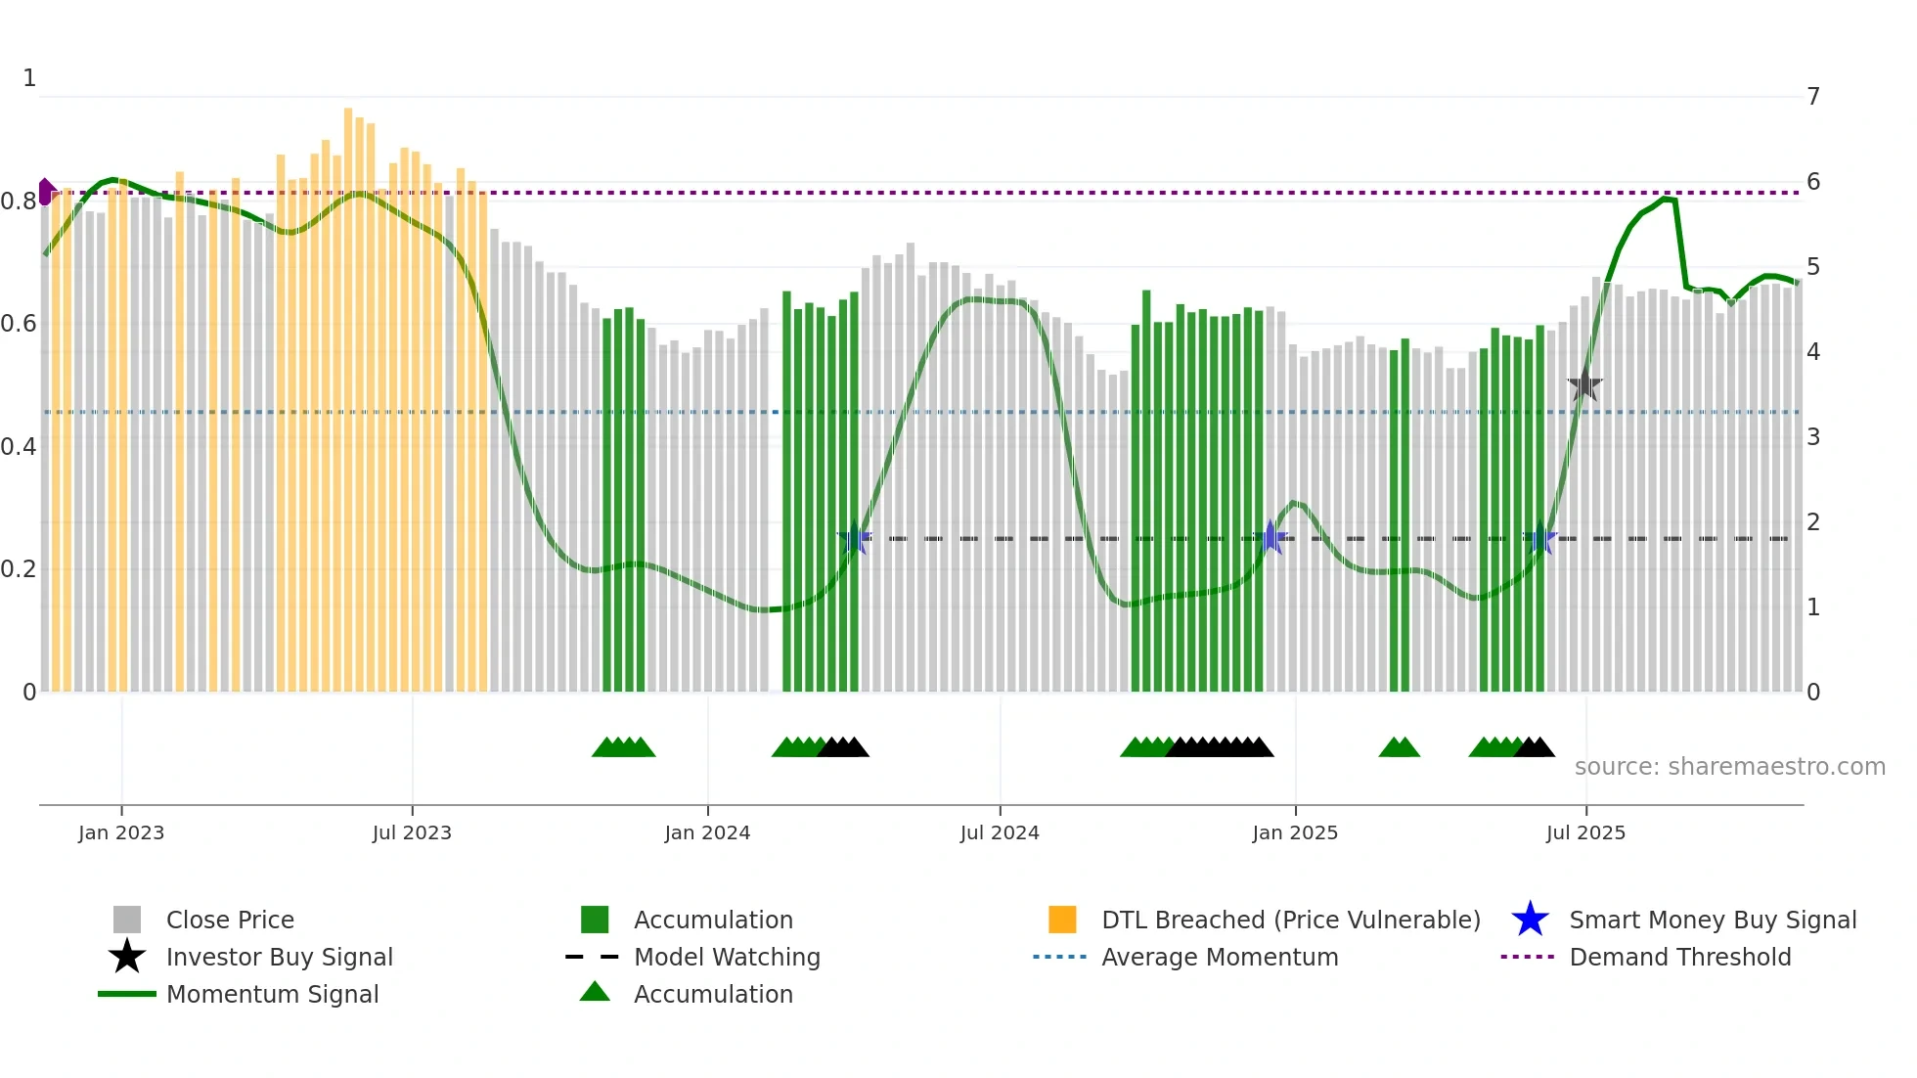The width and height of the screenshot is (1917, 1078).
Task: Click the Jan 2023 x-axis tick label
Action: coord(121,832)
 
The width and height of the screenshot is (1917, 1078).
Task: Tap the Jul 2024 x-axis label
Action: coord(1000,832)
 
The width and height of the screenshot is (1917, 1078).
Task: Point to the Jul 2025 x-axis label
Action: coord(1585,832)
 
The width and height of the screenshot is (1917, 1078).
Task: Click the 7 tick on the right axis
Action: coord(1813,97)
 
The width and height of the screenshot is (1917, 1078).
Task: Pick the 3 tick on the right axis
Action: coord(1813,437)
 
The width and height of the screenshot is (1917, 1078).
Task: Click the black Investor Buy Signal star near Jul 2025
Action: coord(1584,386)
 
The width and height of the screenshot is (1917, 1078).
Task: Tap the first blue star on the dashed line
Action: coord(855,538)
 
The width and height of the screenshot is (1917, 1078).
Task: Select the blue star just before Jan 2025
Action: coord(1271,537)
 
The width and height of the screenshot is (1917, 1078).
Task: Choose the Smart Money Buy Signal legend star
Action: coord(1530,920)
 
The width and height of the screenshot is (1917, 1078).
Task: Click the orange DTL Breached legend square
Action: coord(1062,920)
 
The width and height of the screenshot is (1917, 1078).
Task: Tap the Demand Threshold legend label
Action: coord(1679,957)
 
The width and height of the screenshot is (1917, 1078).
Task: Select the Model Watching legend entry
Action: coord(726,957)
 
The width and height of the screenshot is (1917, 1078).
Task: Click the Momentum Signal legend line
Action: coord(127,994)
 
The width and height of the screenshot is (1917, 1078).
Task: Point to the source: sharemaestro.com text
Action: coord(1729,767)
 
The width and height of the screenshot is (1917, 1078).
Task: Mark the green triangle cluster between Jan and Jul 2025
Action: coord(1399,748)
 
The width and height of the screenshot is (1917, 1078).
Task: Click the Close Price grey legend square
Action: coord(127,920)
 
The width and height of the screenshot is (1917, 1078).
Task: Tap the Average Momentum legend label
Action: coord(1219,957)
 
